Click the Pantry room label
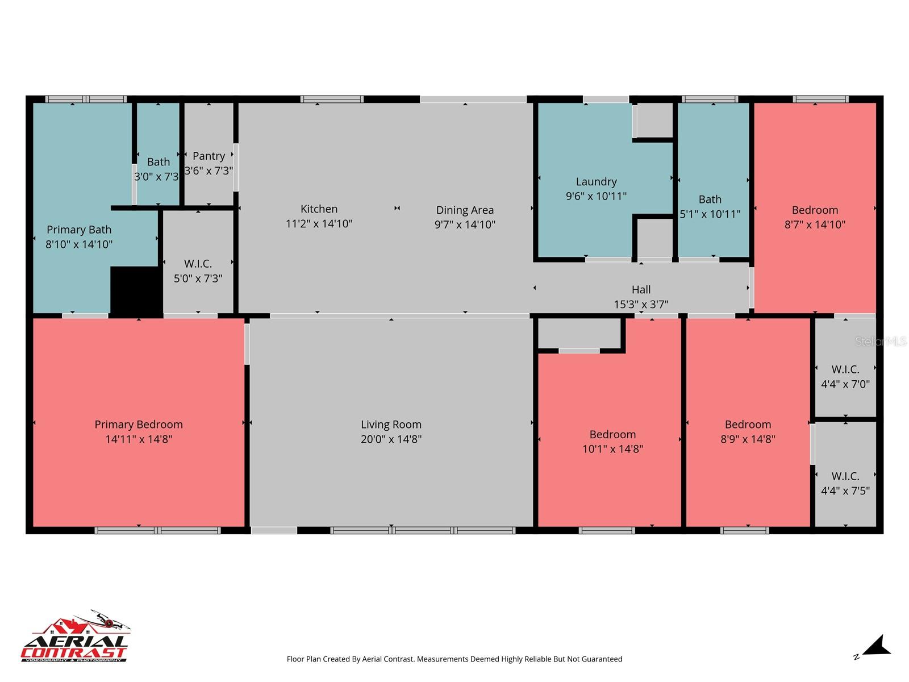209,156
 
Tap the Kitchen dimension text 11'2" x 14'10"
319,224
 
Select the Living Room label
391,425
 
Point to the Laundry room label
596,182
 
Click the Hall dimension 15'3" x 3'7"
641,305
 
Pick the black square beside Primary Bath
136,290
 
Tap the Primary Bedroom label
139,425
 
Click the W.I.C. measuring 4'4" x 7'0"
845,377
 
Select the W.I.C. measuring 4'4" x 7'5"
845,484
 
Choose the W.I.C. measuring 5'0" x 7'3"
198,271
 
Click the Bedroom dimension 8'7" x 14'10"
815,224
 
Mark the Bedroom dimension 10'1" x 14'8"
612,449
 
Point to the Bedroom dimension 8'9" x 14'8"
748,439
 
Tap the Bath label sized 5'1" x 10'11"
710,199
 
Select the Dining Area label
465,210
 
